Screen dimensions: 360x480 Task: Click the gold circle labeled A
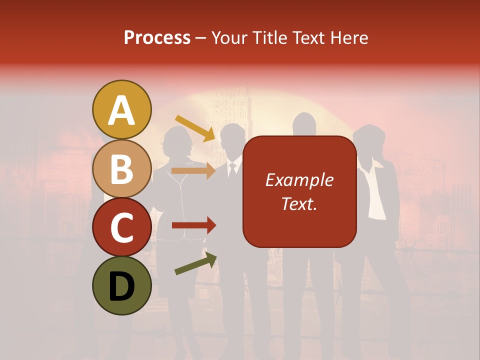[121, 110]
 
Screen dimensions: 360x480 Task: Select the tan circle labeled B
[121, 169]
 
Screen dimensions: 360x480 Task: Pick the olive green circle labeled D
[121, 285]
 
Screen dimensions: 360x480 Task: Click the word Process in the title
[157, 37]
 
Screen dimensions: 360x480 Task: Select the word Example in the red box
[299, 180]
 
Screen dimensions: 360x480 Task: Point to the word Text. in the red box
[299, 203]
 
